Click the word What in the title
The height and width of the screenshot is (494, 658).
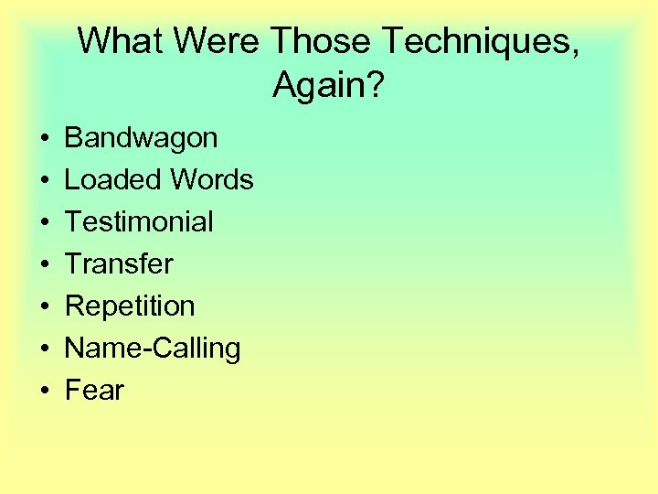(x=122, y=41)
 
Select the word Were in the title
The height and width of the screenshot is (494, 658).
(x=220, y=41)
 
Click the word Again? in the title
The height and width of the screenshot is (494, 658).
(x=329, y=87)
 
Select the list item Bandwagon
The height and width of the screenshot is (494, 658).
(x=141, y=138)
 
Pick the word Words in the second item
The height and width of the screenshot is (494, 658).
(x=211, y=180)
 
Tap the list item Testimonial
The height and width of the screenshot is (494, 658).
(x=139, y=222)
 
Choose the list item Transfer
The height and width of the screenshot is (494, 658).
(x=119, y=264)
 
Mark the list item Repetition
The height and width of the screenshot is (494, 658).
(x=130, y=306)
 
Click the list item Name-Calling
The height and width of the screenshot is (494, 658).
(x=153, y=349)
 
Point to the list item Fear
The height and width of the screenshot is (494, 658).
(x=94, y=391)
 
